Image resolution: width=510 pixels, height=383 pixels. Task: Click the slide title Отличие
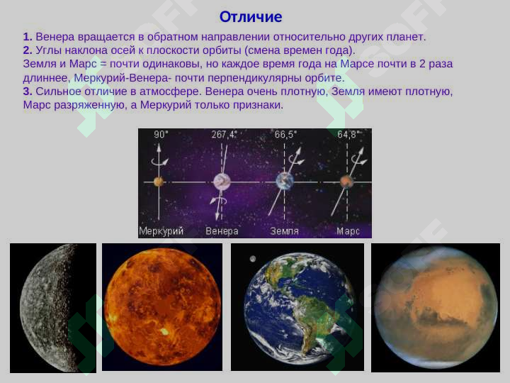click(251, 17)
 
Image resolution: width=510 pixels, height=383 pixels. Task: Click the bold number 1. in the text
click(27, 36)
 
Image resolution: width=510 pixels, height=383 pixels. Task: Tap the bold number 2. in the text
click(27, 50)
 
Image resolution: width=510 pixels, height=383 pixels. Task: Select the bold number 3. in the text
click(27, 91)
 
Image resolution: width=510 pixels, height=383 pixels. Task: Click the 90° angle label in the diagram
click(161, 134)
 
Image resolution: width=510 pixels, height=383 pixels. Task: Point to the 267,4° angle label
click(224, 134)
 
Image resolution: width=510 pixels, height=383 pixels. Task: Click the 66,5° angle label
click(285, 134)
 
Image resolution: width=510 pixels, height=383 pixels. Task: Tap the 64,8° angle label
click(347, 134)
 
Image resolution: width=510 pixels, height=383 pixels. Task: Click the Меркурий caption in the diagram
click(161, 231)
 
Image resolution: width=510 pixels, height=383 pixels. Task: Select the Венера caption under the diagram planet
click(222, 231)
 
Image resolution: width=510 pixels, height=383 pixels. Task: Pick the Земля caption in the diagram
click(285, 231)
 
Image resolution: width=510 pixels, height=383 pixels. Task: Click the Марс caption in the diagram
click(348, 231)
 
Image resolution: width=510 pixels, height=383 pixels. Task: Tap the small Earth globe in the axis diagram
click(285, 181)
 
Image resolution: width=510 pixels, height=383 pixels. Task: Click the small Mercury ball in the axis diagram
click(159, 182)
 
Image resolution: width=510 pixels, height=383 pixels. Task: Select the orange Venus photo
click(162, 307)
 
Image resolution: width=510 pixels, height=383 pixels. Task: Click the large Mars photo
click(435, 307)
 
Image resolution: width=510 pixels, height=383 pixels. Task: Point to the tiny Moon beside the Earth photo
click(252, 258)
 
